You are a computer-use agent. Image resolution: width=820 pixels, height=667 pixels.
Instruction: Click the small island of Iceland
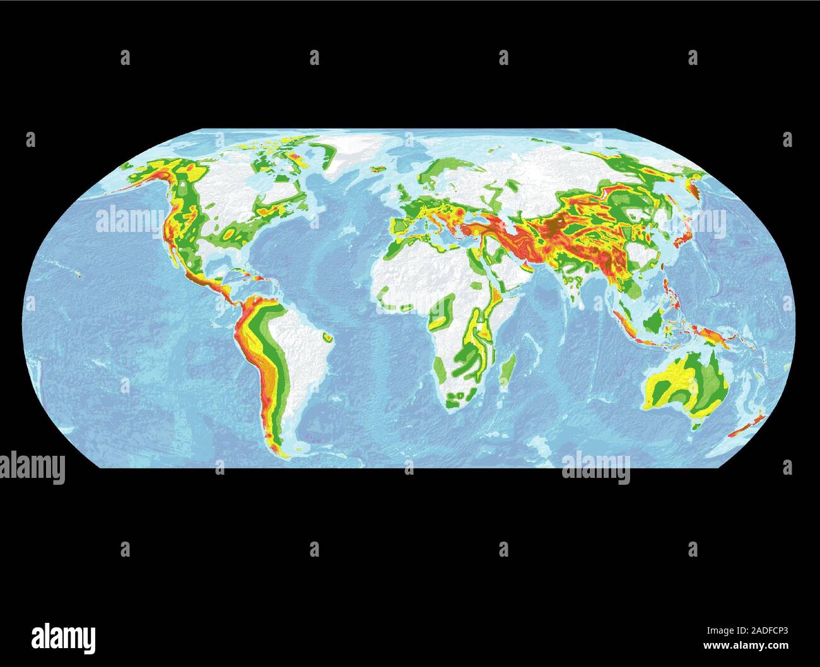click(x=378, y=169)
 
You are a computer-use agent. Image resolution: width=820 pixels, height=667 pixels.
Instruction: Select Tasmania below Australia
click(x=696, y=427)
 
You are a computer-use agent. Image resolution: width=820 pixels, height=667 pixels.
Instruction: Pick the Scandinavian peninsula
click(x=442, y=173)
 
